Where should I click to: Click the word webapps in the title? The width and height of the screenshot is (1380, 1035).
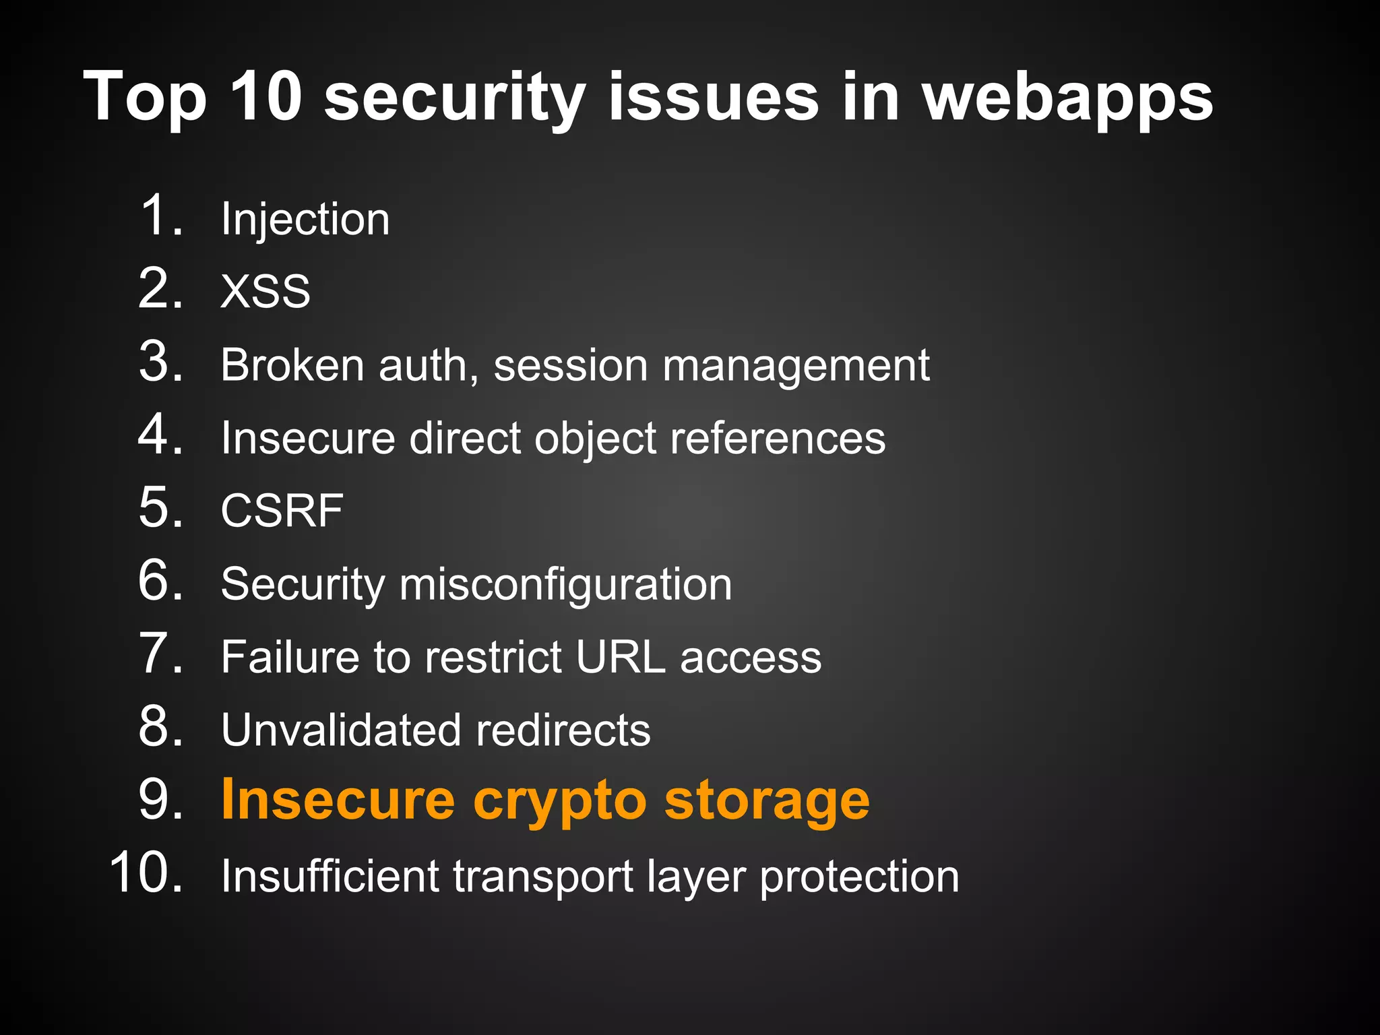[x=1067, y=99]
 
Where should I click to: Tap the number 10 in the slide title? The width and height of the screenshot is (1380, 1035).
[x=265, y=97]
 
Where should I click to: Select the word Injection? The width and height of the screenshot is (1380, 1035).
[x=305, y=220]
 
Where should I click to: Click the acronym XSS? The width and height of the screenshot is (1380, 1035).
[x=265, y=292]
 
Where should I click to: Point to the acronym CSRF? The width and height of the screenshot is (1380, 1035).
[x=282, y=511]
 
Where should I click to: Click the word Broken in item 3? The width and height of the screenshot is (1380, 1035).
[x=292, y=365]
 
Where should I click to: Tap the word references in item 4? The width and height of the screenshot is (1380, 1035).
[x=778, y=439]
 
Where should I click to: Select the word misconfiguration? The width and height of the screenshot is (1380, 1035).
[x=565, y=584]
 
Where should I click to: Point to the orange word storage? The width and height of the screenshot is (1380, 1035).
[x=767, y=802]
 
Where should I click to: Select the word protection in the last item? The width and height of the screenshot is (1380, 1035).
[x=859, y=877]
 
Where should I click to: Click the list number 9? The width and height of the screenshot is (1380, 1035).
[x=160, y=800]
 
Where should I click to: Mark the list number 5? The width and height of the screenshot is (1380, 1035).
[x=160, y=507]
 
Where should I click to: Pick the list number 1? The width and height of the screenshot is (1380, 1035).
[x=160, y=216]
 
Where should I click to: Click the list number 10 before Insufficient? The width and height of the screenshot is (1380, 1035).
[x=145, y=873]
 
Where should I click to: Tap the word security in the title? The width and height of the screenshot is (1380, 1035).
[x=454, y=99]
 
